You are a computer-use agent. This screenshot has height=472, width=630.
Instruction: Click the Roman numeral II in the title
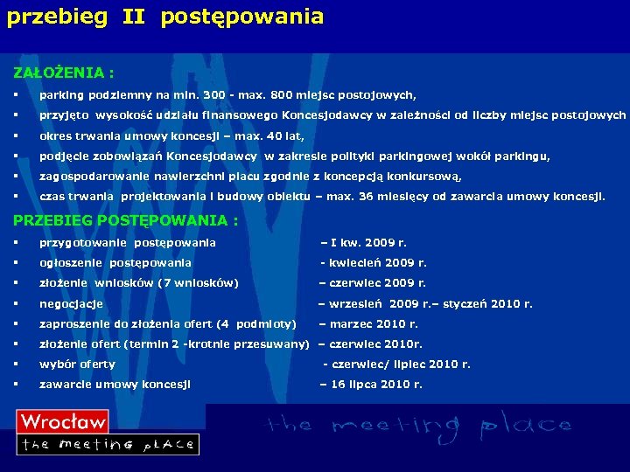click(x=134, y=16)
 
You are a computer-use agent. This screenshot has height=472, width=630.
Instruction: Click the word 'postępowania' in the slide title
click(x=242, y=17)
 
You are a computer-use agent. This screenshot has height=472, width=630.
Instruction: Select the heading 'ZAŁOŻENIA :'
click(x=63, y=71)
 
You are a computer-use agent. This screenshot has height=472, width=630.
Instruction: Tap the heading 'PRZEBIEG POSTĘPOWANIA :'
click(x=125, y=220)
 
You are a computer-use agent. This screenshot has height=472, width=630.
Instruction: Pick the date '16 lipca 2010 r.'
click(x=376, y=385)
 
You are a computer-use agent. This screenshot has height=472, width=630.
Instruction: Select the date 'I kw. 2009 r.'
click(x=368, y=243)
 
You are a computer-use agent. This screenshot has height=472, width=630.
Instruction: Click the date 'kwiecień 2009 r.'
click(x=377, y=263)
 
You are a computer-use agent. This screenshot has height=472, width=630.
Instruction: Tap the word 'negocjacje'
click(x=71, y=304)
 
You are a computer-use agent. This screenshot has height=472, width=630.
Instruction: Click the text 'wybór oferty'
click(x=77, y=364)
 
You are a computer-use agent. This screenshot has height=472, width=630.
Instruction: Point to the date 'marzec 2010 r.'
click(x=374, y=324)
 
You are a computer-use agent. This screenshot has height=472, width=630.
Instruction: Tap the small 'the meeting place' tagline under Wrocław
click(x=108, y=444)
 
